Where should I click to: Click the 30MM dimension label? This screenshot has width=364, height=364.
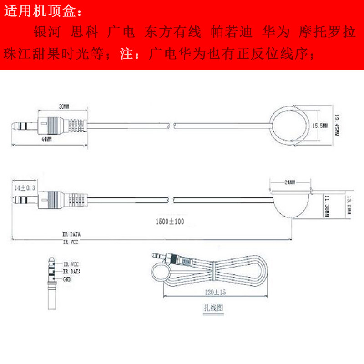click(x=64, y=107)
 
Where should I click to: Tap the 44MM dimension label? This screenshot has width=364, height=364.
click(x=46, y=140)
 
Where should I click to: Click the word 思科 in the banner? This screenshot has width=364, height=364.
click(x=85, y=33)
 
